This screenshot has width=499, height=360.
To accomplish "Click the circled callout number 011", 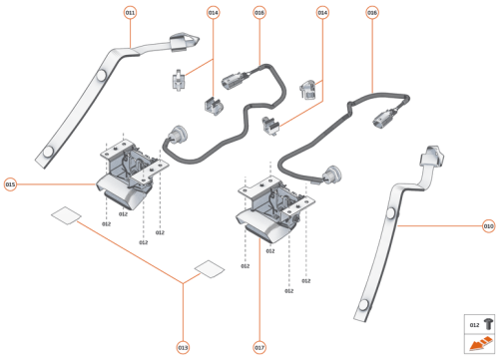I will click(x=130, y=12).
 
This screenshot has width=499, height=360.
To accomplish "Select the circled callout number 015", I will click(x=10, y=184).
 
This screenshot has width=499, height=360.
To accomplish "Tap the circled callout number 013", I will click(x=183, y=347).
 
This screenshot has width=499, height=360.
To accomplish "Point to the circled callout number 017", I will click(x=259, y=347).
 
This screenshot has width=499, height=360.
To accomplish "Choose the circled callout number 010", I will click(x=488, y=225).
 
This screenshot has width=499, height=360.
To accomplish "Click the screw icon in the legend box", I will click(x=487, y=323).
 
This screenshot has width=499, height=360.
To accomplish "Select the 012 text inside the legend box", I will click(x=473, y=324).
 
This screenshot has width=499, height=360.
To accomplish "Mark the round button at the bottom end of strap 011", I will click(x=48, y=151).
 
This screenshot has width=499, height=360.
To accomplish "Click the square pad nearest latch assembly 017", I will click(x=210, y=267).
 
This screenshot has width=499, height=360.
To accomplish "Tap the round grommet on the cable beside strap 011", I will click(x=182, y=135).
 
